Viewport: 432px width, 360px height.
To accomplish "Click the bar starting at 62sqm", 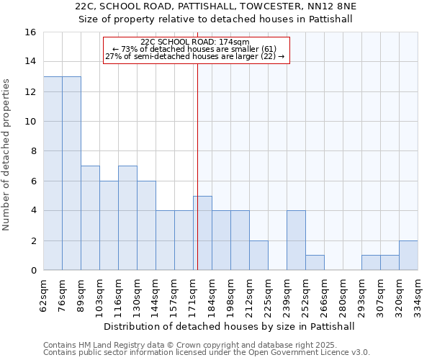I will (x=53, y=173).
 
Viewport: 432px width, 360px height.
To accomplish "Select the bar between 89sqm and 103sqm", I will (x=90, y=218).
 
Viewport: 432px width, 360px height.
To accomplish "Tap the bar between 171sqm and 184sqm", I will (x=202, y=233).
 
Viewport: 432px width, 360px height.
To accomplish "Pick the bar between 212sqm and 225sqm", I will (x=258, y=255).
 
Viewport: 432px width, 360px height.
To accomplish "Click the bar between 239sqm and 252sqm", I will (x=296, y=240).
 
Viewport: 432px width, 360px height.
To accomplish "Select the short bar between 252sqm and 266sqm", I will (x=315, y=263).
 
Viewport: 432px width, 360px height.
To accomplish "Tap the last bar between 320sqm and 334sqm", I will (x=408, y=255).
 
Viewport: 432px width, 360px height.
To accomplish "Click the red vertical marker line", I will (x=197, y=180).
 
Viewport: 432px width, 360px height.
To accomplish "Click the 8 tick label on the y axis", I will (x=32, y=151).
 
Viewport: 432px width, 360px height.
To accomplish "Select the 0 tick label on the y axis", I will (x=32, y=271).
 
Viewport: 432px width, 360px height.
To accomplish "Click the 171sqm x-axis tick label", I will (x=194, y=294).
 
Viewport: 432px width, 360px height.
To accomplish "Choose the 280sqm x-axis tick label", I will (x=343, y=294).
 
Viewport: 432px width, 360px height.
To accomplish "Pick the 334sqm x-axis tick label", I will (x=418, y=294).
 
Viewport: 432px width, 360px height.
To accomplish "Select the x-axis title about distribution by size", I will (x=230, y=326).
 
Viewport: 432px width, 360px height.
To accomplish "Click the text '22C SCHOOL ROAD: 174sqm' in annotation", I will (x=195, y=42).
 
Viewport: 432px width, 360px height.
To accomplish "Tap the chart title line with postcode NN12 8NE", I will (x=216, y=6).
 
